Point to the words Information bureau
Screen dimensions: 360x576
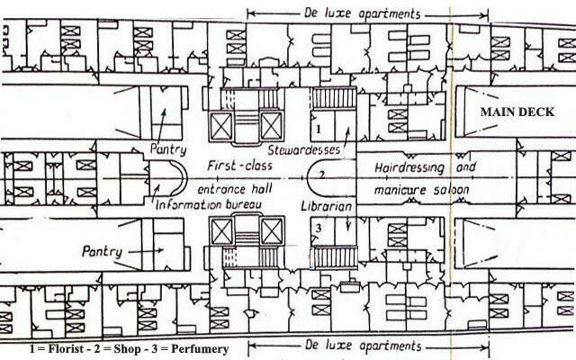(208, 206)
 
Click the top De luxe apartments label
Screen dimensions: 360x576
(368, 14)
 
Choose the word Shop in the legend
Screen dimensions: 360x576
(121, 348)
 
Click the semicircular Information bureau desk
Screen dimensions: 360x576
(175, 178)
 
